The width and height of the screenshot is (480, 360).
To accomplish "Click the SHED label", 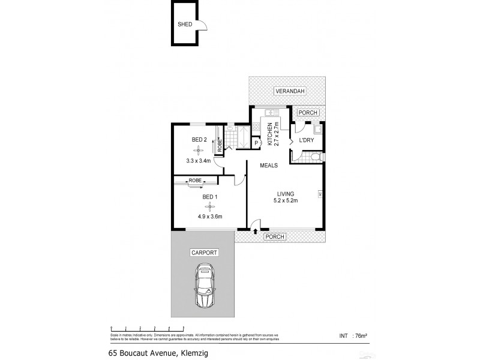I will pyautogui.click(x=184, y=25).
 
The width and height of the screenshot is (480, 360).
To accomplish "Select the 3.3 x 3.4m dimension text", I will pyautogui.click(x=199, y=160).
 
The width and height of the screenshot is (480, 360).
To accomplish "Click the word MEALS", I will pyautogui.click(x=268, y=165).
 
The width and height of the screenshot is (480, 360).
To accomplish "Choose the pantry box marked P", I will pyautogui.click(x=256, y=143).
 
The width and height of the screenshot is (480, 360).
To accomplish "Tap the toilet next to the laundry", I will pyautogui.click(x=315, y=157).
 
